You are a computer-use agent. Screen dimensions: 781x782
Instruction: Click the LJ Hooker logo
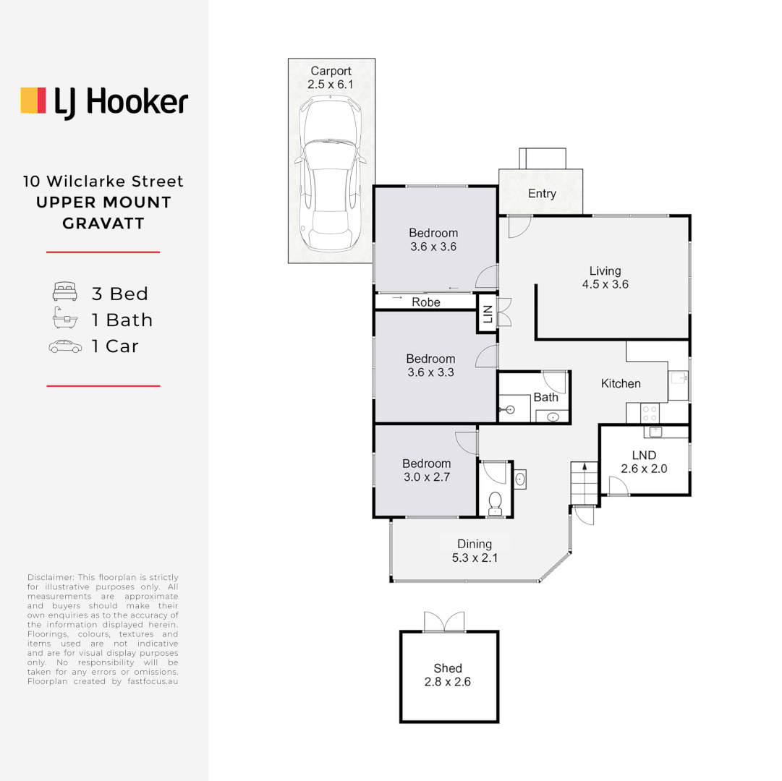(x=104, y=101)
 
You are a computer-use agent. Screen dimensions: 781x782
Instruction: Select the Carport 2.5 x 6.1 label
(x=331, y=77)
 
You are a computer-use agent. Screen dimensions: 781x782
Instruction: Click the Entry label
(x=542, y=194)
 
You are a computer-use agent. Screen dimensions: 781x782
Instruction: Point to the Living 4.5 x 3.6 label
(x=605, y=278)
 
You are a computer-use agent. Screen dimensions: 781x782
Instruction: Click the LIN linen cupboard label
(x=488, y=314)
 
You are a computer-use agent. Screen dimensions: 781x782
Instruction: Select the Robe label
(x=425, y=302)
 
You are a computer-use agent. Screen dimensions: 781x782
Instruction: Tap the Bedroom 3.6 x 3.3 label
(x=430, y=366)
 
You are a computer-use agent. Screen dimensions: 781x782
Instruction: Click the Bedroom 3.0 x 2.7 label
(x=426, y=470)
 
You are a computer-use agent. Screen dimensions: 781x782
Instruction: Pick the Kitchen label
(x=621, y=383)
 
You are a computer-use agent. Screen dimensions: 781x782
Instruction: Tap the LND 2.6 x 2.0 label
(x=644, y=461)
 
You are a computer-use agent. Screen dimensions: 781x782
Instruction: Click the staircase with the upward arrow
(x=584, y=483)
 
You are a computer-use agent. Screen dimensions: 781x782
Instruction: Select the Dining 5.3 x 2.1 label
(x=475, y=550)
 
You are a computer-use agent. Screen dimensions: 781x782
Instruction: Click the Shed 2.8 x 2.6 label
(x=448, y=675)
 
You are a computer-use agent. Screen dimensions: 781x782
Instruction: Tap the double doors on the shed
(x=443, y=621)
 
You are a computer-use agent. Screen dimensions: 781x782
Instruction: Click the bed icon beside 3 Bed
(x=64, y=293)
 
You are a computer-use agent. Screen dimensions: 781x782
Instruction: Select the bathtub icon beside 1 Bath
(x=64, y=320)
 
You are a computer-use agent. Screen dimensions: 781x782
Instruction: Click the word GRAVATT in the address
(x=103, y=223)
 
